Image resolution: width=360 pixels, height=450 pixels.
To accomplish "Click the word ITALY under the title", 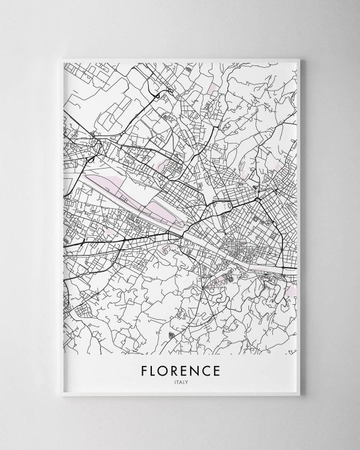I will click(181, 381).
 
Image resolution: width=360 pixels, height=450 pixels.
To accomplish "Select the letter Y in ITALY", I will click(187, 381).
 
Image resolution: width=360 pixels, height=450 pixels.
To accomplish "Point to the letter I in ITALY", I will click(175, 381).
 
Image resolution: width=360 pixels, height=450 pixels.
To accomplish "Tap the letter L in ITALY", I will click(184, 381).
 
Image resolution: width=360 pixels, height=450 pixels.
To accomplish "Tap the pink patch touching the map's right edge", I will click(291, 291).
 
